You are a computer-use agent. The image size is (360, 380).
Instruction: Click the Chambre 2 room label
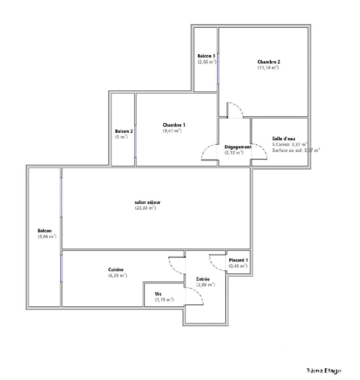click(269, 62)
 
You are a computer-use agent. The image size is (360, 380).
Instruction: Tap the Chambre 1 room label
click(174, 125)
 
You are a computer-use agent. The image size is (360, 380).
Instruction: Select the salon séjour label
click(148, 202)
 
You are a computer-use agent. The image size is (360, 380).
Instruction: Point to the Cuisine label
click(116, 269)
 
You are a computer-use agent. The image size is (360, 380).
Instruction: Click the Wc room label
click(158, 294)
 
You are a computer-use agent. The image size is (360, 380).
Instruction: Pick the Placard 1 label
click(238, 260)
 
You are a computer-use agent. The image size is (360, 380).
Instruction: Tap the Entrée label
click(203, 279)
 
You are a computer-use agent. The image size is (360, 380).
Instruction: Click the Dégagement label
click(238, 147)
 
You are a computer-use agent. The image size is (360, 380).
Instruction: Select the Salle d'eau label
click(284, 139)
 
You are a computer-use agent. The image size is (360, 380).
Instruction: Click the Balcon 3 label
click(206, 56)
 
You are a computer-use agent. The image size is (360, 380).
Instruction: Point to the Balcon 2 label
click(124, 131)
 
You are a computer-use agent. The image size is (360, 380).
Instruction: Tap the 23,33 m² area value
click(146, 208)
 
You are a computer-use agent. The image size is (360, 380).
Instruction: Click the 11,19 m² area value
click(268, 68)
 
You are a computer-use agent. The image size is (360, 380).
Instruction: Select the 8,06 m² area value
click(47, 236)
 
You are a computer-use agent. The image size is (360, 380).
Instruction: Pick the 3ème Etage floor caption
click(324, 371)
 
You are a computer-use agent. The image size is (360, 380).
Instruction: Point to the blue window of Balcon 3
click(218, 69)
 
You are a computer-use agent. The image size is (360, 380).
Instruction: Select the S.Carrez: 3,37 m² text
click(290, 144)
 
